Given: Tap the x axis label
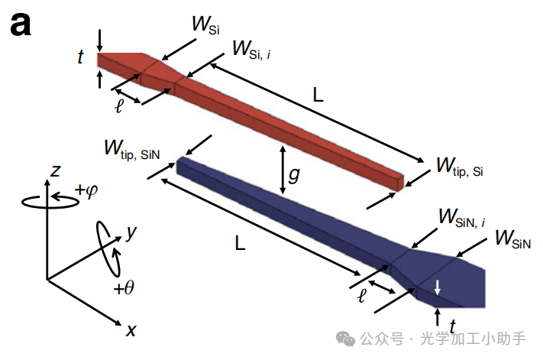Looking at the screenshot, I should coord(131,330).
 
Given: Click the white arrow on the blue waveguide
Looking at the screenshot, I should coord(438,287).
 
